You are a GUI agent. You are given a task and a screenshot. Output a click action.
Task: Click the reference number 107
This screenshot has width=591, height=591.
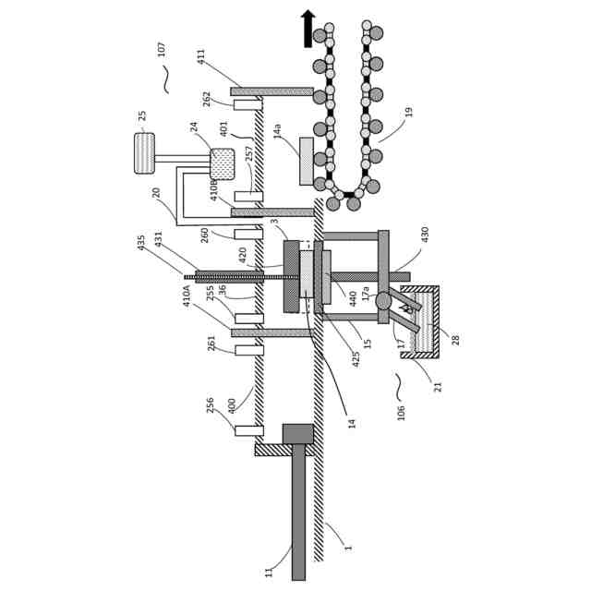(162, 48)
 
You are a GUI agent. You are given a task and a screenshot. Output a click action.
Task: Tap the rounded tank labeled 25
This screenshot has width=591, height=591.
(145, 153)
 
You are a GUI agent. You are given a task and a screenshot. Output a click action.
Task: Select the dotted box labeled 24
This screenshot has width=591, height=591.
(223, 164)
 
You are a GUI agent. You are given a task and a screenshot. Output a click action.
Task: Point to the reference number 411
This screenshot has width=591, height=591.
(201, 56)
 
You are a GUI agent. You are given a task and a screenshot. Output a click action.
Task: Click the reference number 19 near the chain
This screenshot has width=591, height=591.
(408, 112)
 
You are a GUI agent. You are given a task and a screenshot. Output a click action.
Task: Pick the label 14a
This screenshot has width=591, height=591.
(277, 131)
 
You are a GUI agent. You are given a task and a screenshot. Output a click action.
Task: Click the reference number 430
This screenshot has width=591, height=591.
(425, 235)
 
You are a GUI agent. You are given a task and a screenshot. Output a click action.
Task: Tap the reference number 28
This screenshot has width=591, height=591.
(455, 340)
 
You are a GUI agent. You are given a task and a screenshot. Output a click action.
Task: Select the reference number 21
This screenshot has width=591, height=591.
(438, 386)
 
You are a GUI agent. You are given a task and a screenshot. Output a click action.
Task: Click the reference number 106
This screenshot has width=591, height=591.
(401, 412)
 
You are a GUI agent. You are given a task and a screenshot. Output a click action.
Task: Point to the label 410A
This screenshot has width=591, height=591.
(187, 295)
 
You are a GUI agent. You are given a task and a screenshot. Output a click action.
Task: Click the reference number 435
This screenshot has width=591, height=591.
(141, 242)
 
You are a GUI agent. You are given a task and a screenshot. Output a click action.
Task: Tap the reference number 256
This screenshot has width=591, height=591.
(211, 404)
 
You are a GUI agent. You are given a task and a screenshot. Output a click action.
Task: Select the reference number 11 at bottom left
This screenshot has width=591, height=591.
(270, 572)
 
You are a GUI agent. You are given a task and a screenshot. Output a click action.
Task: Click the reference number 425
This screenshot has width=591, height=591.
(356, 358)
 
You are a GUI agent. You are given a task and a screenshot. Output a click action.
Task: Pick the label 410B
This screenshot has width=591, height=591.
(214, 189)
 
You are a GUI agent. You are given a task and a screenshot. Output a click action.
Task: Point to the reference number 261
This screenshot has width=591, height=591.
(211, 343)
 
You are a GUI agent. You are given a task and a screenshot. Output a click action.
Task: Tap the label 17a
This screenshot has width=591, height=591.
(366, 294)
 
